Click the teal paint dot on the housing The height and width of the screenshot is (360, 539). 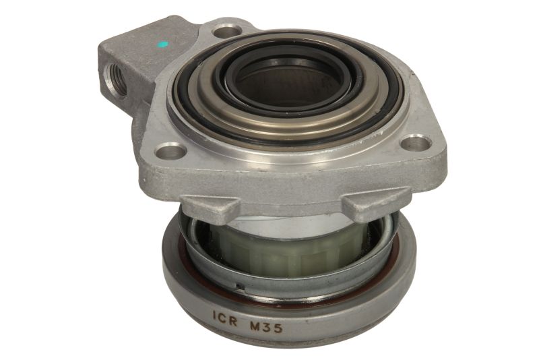click(x=162, y=44)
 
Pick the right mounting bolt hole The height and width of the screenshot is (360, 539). click(x=416, y=142)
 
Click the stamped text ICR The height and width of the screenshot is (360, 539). click(x=225, y=319)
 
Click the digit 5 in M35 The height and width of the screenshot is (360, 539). click(x=278, y=328)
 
